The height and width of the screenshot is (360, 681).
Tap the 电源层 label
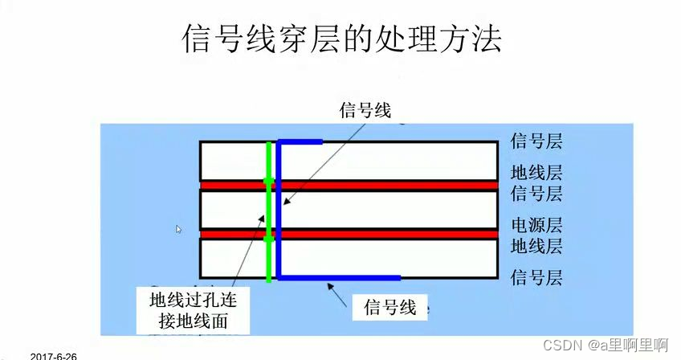[536, 224]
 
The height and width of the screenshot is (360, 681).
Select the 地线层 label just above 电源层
[536, 172]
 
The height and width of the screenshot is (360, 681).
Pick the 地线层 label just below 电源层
[536, 245]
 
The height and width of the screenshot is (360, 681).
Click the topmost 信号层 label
[536, 142]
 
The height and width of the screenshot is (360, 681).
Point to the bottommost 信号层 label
[536, 278]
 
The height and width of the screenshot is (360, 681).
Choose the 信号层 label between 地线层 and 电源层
[536, 194]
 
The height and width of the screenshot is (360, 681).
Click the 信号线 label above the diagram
[365, 110]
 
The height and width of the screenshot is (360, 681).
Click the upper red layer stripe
[385, 185]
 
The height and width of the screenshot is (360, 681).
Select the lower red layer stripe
[385, 234]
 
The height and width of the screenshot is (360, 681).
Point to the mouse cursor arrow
[179, 229]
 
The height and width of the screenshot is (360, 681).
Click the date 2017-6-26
[54, 355]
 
